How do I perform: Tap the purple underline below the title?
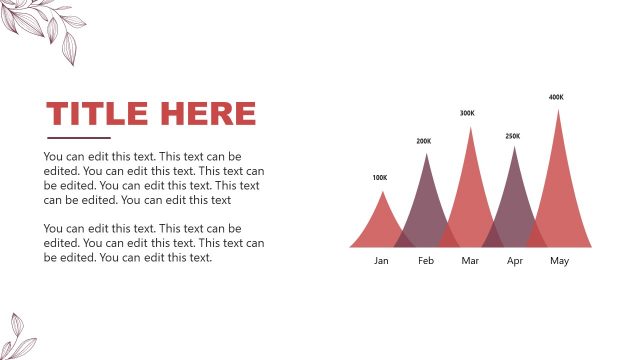pyautogui.click(x=79, y=137)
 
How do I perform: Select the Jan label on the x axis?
pyautogui.click(x=381, y=261)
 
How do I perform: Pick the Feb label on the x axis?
pyautogui.click(x=426, y=261)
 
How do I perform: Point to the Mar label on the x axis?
pyautogui.click(x=470, y=261)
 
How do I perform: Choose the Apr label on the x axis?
pyautogui.click(x=515, y=261)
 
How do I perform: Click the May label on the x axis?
pyautogui.click(x=559, y=261)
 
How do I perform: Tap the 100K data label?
pyautogui.click(x=379, y=178)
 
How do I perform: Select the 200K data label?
pyautogui.click(x=424, y=142)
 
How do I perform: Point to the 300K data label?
pyautogui.click(x=467, y=114)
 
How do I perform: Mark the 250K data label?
pyautogui.click(x=513, y=136)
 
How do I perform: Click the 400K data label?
pyautogui.click(x=556, y=98)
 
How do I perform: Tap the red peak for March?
pyautogui.click(x=470, y=190)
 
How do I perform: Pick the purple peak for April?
pyautogui.click(x=515, y=200)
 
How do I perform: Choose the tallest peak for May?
pyautogui.click(x=559, y=180)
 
